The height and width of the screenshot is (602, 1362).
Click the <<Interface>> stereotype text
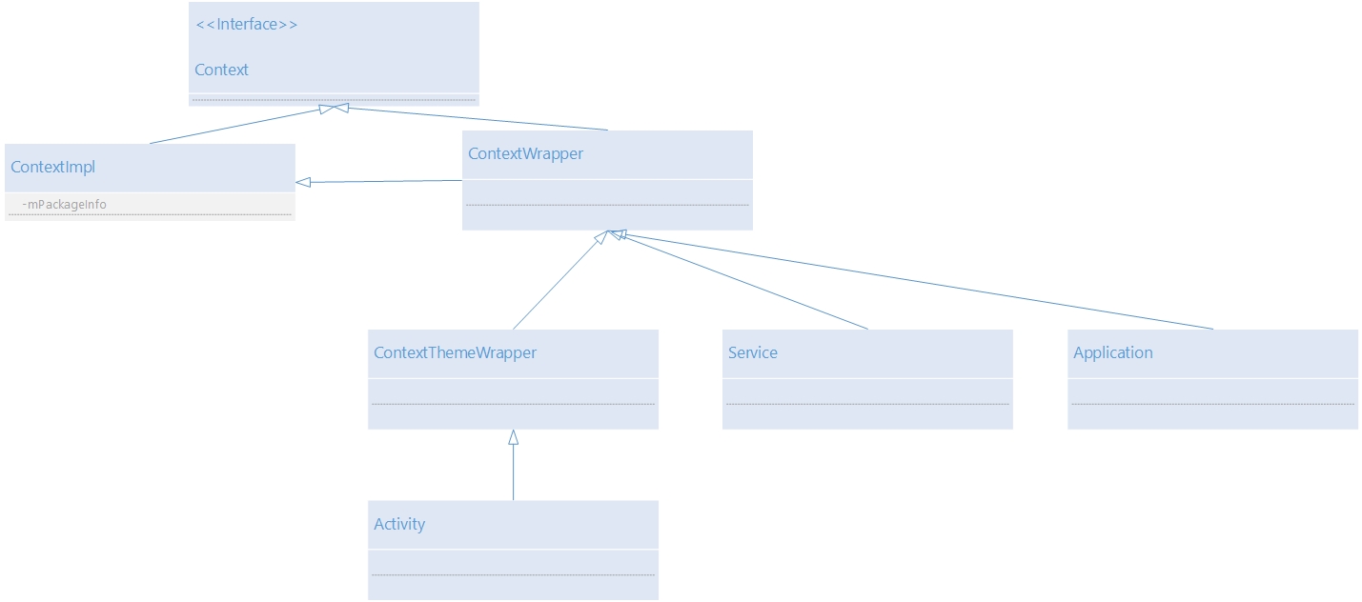coord(246,25)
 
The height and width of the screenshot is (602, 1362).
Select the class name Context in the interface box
coord(221,70)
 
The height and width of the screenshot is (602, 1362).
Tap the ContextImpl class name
coord(52,168)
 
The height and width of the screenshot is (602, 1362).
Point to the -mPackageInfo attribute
coord(64,205)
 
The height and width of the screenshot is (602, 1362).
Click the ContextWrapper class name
coord(525,154)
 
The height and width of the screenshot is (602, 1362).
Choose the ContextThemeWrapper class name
coord(455,353)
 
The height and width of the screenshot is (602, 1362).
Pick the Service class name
coord(752,353)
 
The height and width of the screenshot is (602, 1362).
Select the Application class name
coord(1112,353)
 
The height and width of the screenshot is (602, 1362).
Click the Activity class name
coord(399,525)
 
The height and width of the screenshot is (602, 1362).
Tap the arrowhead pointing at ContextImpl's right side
coord(303,182)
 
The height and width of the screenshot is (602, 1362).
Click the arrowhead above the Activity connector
coord(513,437)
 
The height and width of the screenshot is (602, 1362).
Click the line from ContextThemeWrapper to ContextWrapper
coord(557,283)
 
